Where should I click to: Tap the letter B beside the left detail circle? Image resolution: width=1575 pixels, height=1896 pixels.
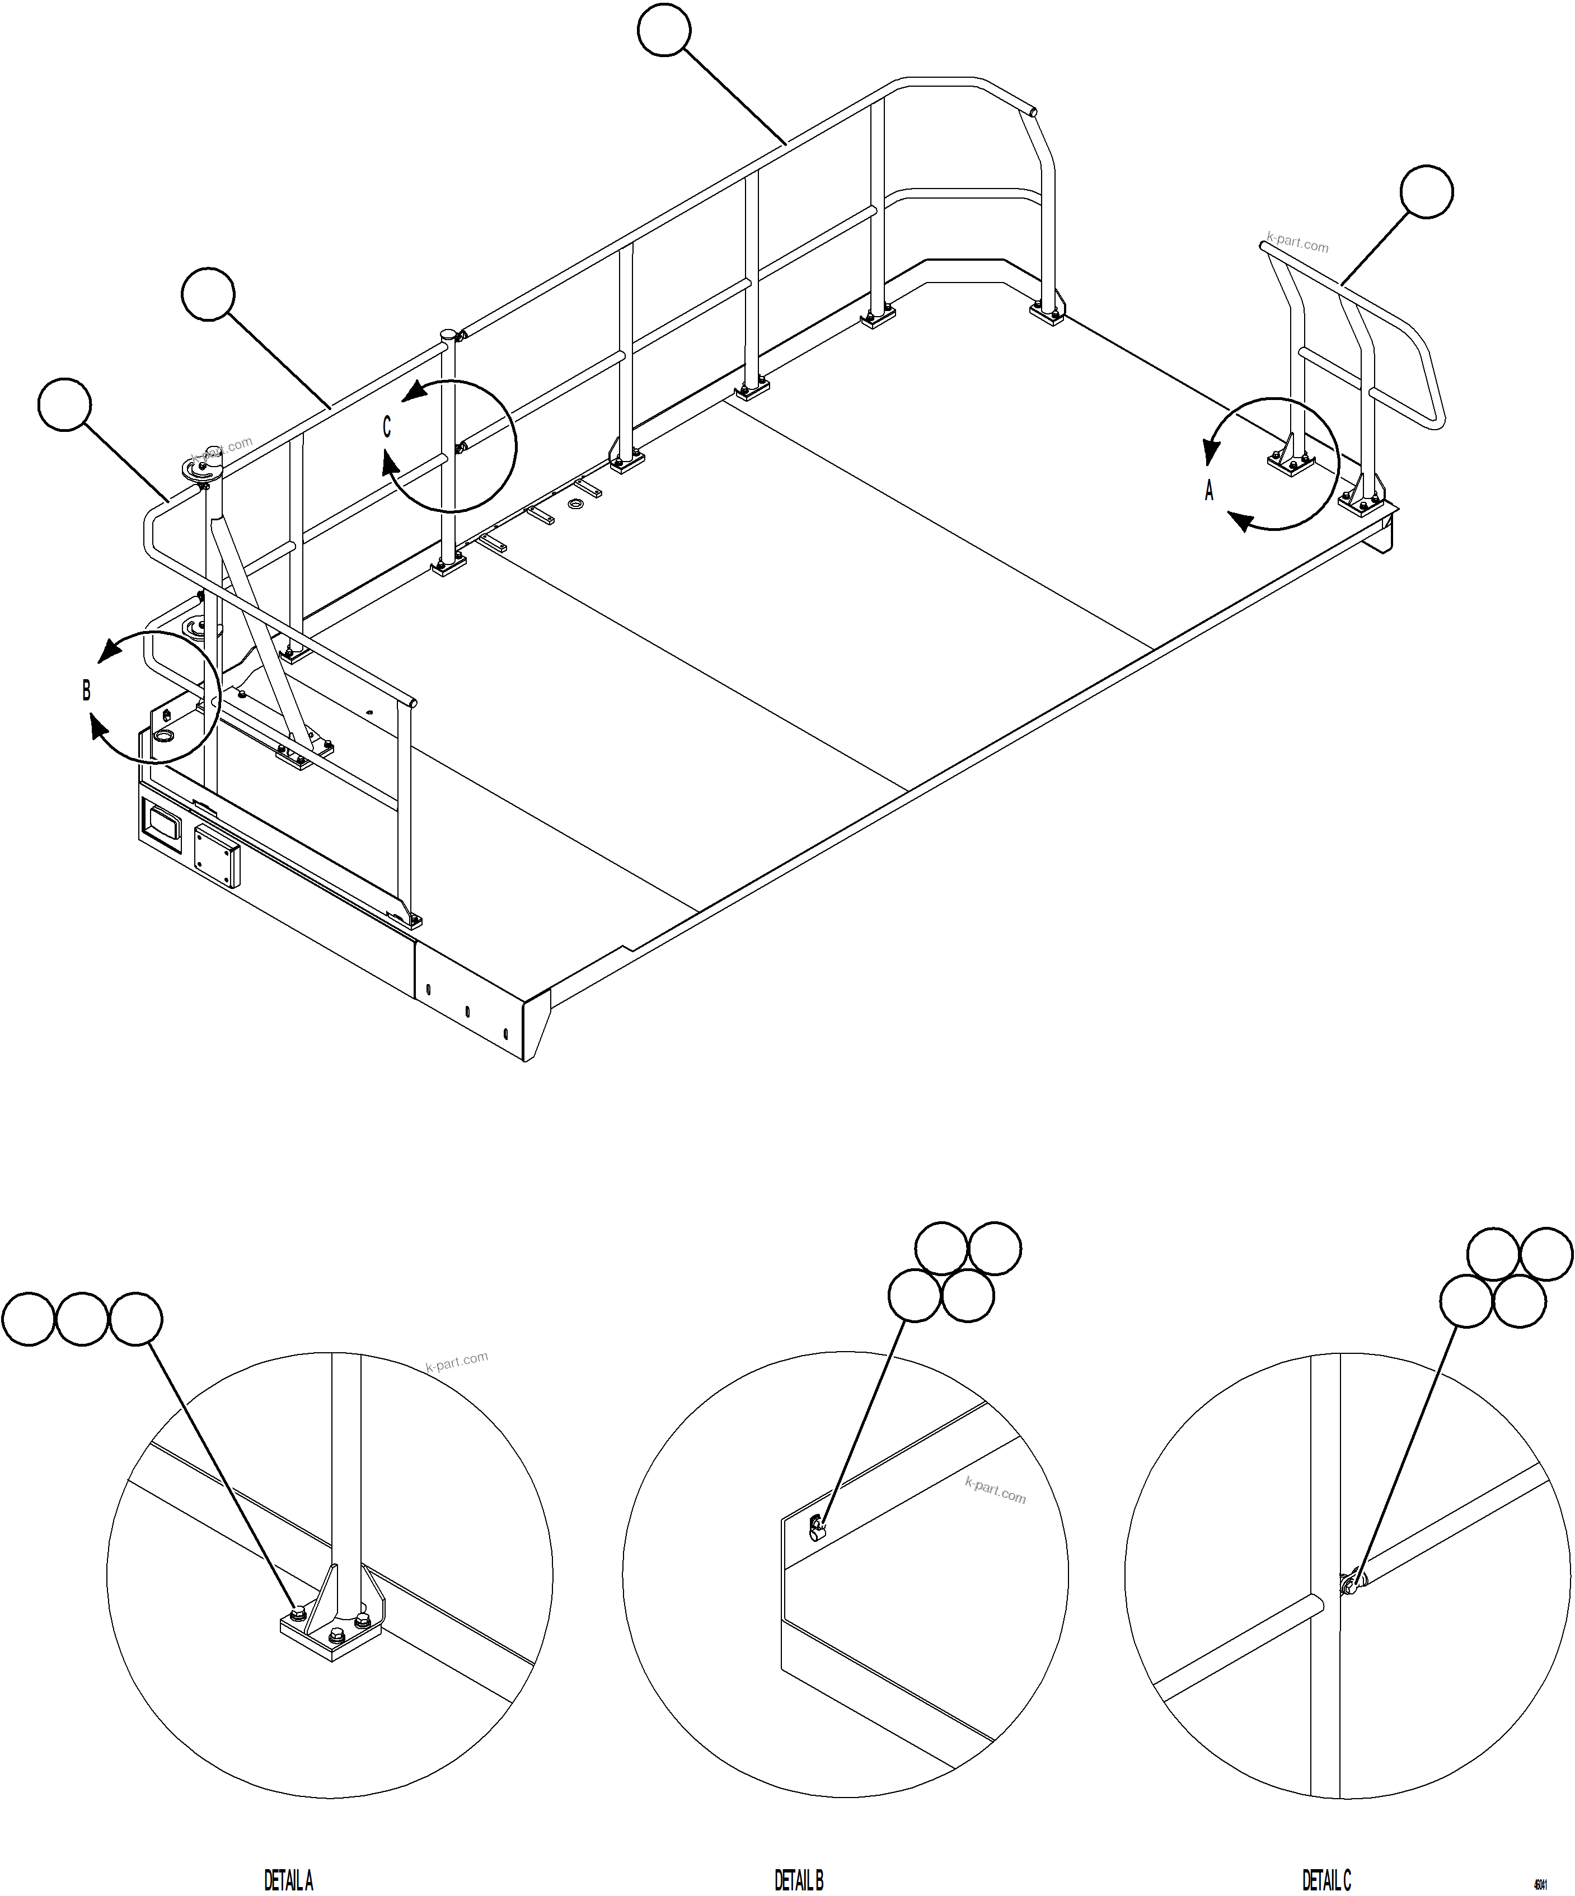point(87,691)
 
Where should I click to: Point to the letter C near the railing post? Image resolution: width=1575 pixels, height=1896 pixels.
point(387,427)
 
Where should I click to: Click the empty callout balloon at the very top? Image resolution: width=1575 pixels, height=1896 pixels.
point(664,31)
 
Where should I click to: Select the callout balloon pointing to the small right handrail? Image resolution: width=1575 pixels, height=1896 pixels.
point(1426,191)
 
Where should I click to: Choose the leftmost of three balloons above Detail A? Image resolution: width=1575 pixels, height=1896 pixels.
point(29,1319)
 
